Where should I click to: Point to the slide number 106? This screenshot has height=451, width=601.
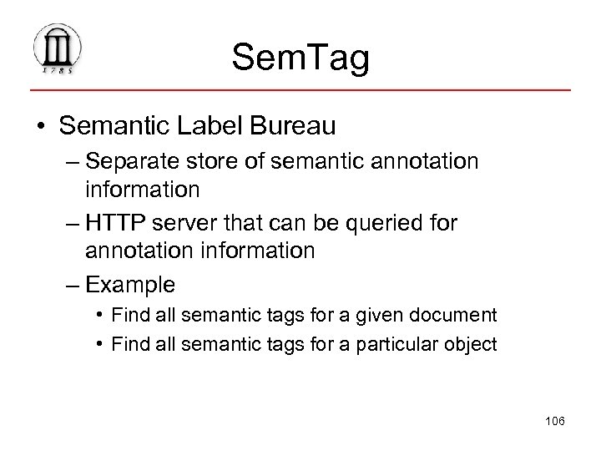553,421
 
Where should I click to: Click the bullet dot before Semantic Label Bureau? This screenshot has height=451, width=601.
40,128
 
